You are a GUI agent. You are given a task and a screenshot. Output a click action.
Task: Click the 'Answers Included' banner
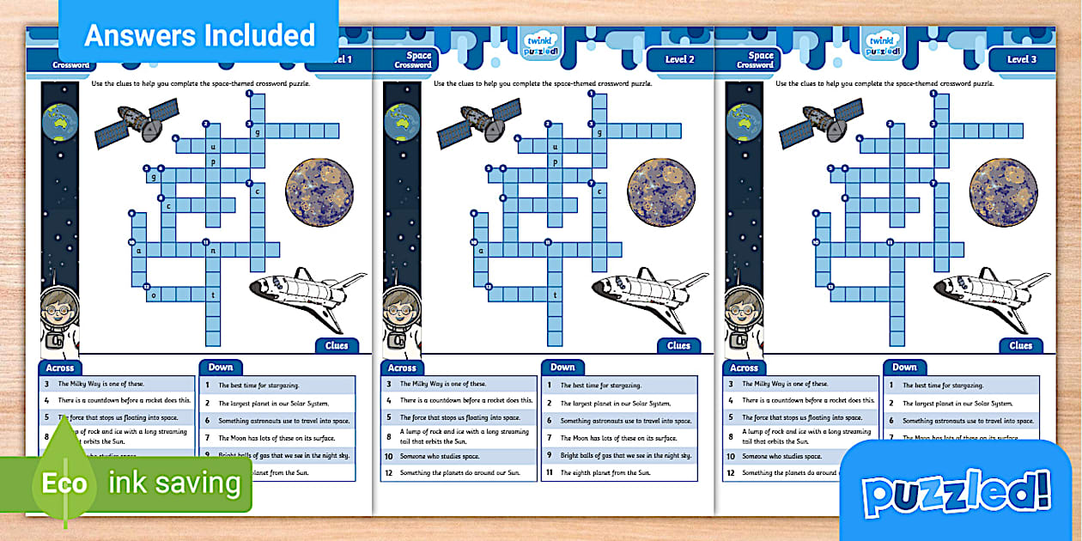(199, 35)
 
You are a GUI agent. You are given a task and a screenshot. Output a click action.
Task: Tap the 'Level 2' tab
(679, 59)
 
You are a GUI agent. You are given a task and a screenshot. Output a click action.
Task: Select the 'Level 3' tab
(1022, 59)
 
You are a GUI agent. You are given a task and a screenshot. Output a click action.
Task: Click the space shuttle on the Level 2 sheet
(650, 296)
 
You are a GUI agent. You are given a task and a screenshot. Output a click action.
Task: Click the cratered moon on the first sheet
(319, 191)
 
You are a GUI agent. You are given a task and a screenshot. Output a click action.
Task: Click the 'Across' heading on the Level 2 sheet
(402, 368)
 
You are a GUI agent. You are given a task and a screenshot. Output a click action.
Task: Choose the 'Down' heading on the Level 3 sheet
(904, 367)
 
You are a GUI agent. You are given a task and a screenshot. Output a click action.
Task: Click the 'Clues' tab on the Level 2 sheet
(678, 345)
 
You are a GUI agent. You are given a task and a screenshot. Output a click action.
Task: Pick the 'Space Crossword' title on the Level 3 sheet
(756, 60)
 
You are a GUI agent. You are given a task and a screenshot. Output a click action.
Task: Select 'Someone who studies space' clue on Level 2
(440, 456)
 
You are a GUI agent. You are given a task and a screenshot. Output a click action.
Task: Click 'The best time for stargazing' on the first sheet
(258, 386)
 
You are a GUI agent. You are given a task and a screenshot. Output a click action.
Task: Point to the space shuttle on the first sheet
(307, 296)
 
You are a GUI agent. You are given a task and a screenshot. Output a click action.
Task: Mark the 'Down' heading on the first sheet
(220, 367)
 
